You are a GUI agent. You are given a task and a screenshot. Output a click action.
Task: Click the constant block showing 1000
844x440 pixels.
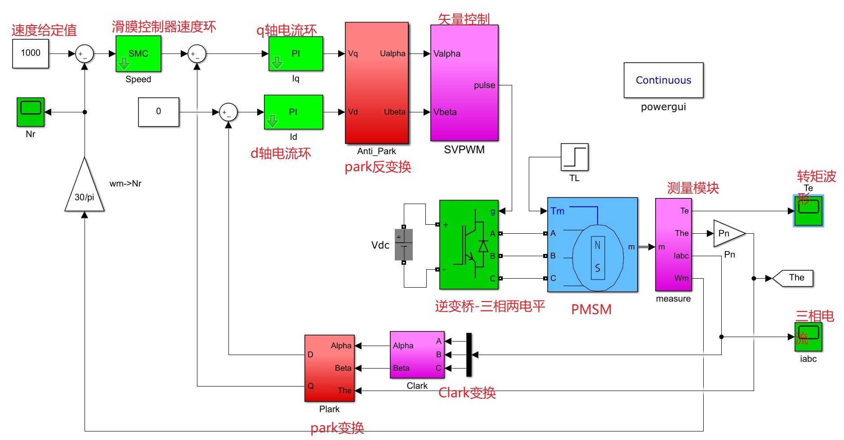click(30, 53)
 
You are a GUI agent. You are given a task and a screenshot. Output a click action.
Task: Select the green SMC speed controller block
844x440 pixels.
click(138, 53)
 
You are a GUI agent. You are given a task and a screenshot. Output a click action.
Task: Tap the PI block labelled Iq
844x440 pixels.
click(295, 53)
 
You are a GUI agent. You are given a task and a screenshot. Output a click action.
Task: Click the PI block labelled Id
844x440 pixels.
click(293, 112)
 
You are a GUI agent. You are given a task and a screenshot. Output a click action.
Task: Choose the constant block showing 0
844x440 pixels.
click(158, 112)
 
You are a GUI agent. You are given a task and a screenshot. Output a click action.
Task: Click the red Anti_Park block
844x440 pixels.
click(377, 83)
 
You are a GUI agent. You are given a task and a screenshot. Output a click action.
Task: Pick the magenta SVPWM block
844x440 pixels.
click(464, 83)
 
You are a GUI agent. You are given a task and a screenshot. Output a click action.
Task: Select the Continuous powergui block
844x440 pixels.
click(663, 80)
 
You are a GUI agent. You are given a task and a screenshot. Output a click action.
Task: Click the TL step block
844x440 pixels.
click(574, 157)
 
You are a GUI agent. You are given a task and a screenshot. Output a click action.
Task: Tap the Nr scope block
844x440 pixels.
click(31, 112)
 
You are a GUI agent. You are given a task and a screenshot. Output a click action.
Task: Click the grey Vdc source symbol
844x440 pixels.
click(403, 245)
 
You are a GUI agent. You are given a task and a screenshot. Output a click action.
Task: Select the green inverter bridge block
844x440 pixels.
click(469, 244)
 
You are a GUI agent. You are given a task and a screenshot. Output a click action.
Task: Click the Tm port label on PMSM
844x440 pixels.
click(557, 211)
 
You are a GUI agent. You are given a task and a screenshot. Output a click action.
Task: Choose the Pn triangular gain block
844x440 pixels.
click(727, 233)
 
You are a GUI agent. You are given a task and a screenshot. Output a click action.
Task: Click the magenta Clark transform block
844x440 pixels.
click(417, 355)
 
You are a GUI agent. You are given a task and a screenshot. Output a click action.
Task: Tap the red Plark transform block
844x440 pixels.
click(329, 368)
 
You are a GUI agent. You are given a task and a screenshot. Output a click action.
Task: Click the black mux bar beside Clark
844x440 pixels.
click(469, 355)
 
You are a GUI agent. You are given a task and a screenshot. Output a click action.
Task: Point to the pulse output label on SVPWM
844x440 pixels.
click(484, 85)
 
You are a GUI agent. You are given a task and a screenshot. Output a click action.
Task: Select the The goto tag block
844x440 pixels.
click(794, 278)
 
